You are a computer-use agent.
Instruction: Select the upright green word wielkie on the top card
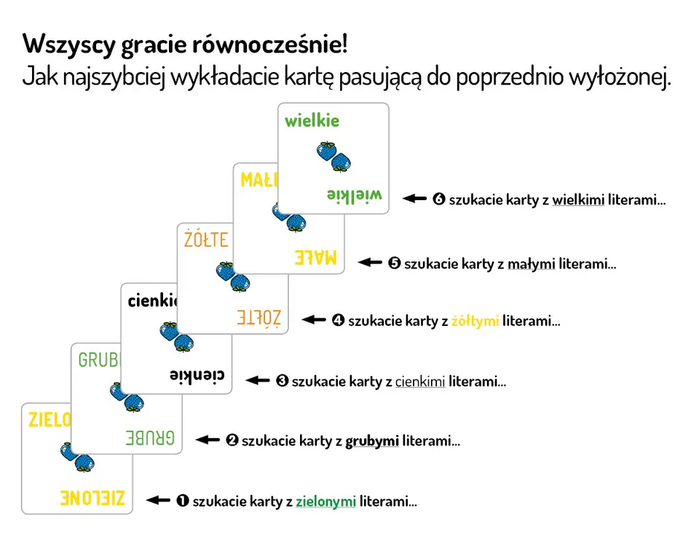click(312, 120)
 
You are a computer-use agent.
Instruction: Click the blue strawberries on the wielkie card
click(333, 156)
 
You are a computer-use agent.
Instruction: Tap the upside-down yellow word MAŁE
click(315, 258)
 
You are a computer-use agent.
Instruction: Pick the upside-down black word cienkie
click(197, 375)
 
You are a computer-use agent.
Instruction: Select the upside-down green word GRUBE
click(150, 438)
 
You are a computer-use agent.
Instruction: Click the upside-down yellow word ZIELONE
click(92, 498)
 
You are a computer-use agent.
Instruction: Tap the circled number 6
click(439, 199)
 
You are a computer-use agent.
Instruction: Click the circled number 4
click(339, 320)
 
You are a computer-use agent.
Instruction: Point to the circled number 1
click(183, 501)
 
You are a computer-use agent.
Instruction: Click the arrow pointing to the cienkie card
click(258, 381)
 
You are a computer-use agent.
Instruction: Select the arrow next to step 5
click(370, 263)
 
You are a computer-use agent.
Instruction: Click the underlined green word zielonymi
click(326, 501)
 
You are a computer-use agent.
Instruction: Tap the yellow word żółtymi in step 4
click(475, 321)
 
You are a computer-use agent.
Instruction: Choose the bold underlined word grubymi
click(372, 441)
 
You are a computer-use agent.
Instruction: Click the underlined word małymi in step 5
click(532, 264)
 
